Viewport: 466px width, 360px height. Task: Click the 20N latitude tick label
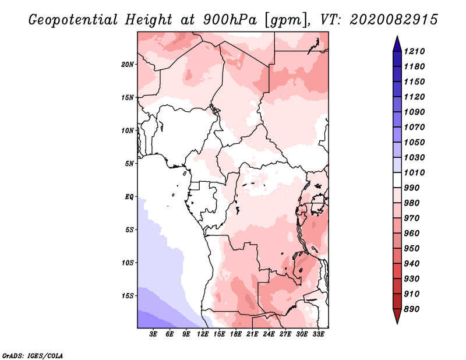(x=128, y=64)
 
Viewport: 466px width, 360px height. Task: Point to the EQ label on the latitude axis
(x=129, y=196)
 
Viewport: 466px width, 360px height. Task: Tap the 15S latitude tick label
(x=128, y=295)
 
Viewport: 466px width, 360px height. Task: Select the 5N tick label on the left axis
(x=129, y=163)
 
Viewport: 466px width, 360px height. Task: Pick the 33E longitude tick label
(x=318, y=334)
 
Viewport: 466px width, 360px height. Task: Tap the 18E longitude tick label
(x=236, y=334)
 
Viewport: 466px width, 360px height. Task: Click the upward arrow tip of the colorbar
(x=396, y=39)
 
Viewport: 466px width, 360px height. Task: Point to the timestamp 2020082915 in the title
(x=394, y=20)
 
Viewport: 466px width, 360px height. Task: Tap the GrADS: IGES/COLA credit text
(x=33, y=355)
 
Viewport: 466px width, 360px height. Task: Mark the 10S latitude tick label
(x=128, y=262)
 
